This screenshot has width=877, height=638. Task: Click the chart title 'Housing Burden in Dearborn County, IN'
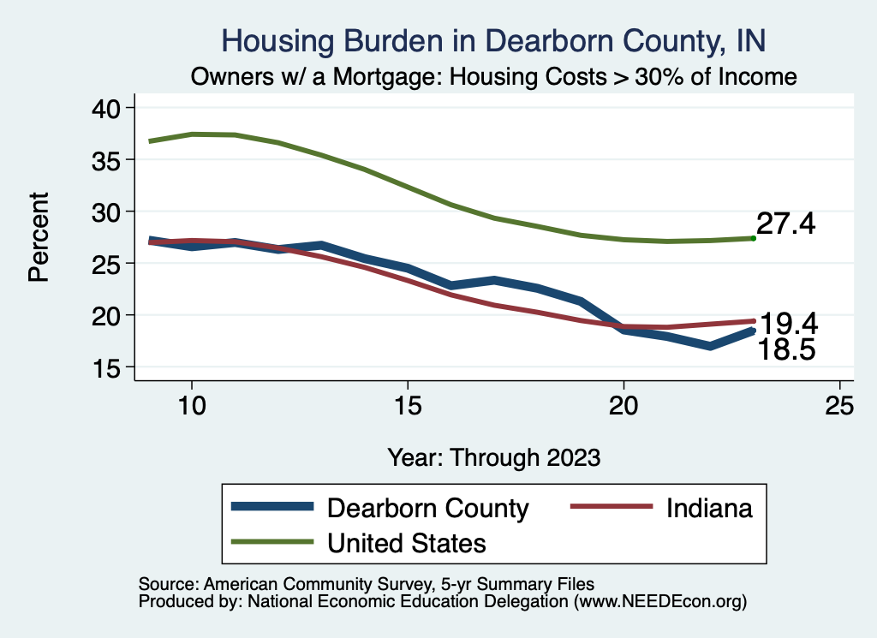492,40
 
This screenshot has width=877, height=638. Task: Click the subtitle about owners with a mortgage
494,77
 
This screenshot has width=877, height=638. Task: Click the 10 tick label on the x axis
192,406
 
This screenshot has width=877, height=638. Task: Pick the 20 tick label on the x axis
623,406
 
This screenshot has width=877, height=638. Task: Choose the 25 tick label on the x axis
839,406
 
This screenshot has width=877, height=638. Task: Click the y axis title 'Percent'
39,236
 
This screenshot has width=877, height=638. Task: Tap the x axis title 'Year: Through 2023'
493,456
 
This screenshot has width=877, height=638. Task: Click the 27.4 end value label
785,224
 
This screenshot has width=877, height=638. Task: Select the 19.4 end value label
789,324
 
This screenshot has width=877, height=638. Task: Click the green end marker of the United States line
753,238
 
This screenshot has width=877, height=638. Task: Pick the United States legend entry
407,542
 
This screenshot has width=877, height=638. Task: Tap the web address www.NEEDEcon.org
659,602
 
